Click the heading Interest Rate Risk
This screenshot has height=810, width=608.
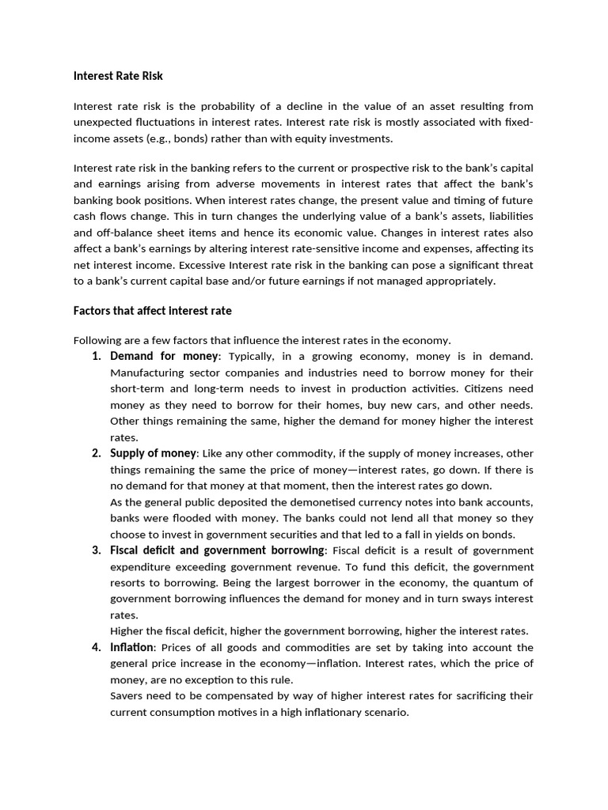pos(118,76)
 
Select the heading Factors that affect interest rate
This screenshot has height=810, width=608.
pos(152,310)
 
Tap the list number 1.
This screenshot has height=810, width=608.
pos(96,356)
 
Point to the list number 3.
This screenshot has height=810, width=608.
pos(96,550)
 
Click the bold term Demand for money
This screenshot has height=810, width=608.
pos(163,356)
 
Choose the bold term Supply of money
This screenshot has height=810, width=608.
pos(153,453)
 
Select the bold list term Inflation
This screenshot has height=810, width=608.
pos(131,647)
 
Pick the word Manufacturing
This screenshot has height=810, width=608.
pos(145,373)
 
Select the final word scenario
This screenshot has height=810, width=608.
pos(386,712)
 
